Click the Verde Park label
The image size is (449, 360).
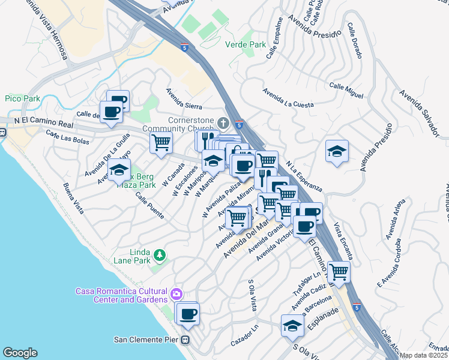pos(245,44)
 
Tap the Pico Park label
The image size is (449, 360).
pos(22,98)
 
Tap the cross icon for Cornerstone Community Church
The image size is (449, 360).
pos(223,124)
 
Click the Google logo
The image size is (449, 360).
pos(20,353)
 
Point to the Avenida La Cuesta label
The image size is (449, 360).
pos(288,98)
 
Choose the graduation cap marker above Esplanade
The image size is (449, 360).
pos(292,325)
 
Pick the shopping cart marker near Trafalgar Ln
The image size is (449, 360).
pos(339,271)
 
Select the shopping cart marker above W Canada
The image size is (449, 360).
pos(161,143)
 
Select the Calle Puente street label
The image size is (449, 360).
pos(149,205)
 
